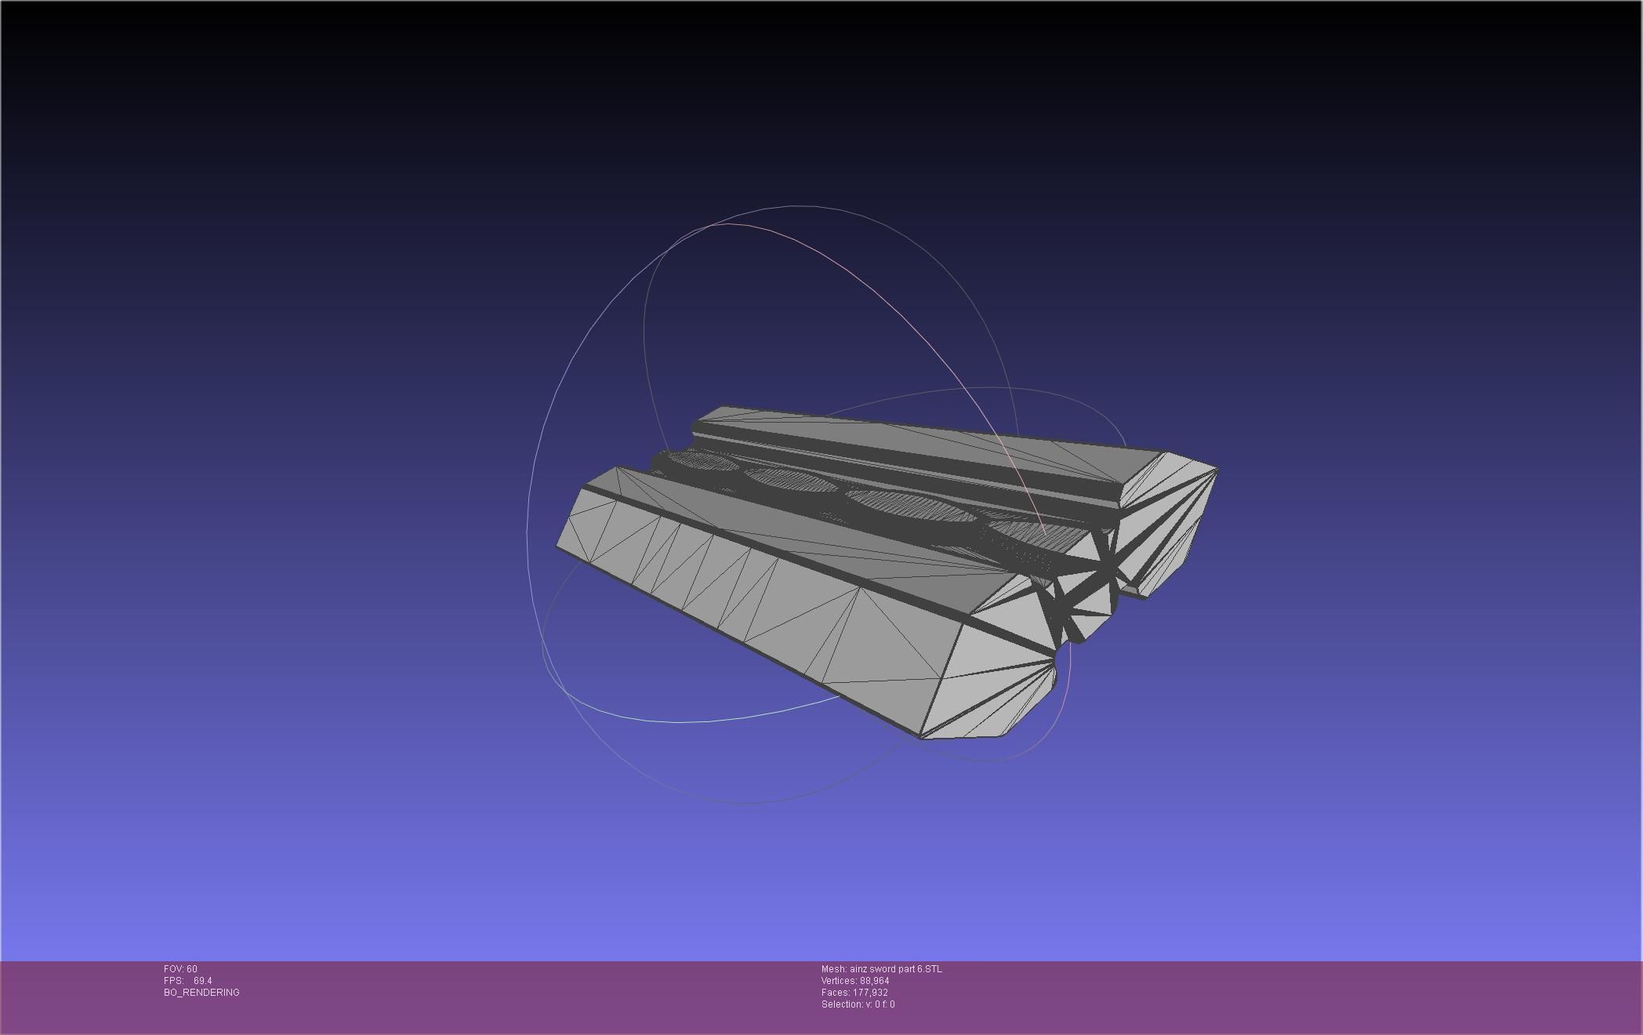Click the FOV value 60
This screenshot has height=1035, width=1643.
[x=192, y=969]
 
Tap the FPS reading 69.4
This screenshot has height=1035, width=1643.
[x=202, y=981]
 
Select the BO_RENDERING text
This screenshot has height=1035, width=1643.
[x=201, y=993]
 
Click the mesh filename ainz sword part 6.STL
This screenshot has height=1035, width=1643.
[x=895, y=969]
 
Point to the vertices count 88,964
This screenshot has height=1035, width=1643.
[x=874, y=981]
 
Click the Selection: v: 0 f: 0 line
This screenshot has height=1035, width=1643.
[x=858, y=1004]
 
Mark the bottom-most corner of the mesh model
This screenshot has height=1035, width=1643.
[x=921, y=738]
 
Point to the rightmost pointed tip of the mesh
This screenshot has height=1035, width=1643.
[x=1217, y=470]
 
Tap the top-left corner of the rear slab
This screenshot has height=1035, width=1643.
[x=722, y=407]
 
